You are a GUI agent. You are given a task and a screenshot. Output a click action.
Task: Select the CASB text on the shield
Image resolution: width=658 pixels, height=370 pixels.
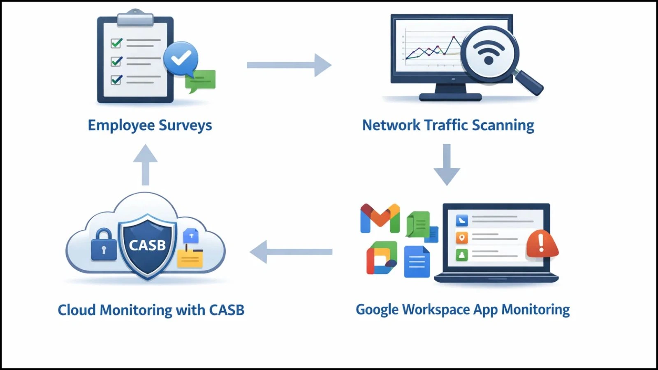147,245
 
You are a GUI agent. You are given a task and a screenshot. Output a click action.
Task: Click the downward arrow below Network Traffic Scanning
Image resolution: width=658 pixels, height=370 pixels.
447,164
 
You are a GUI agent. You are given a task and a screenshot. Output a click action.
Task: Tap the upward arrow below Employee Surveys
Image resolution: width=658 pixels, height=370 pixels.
145,164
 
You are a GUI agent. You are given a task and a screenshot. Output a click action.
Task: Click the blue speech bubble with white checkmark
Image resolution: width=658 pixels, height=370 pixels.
181,59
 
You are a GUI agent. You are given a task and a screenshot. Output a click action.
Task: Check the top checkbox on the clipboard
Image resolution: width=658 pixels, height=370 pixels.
117,43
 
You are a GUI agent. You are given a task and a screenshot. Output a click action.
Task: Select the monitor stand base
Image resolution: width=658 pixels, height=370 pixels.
450,97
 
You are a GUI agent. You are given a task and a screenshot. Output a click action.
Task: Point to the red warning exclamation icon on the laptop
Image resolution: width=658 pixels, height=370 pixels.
542,243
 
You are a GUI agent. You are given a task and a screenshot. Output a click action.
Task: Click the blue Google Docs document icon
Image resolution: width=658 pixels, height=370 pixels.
417,262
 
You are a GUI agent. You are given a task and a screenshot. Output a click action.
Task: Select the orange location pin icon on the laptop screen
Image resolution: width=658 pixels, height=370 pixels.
462,238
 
